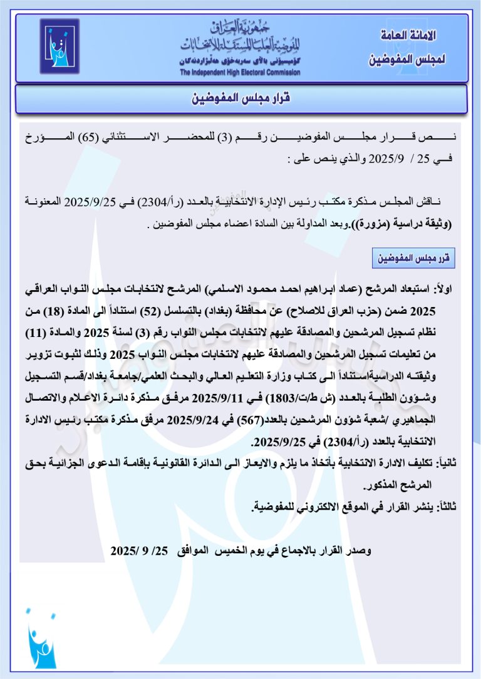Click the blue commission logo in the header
pos(59,46)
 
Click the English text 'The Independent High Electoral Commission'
pos(240,73)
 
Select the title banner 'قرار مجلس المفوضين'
pos(242,99)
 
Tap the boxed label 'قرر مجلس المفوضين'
pos(413,257)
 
